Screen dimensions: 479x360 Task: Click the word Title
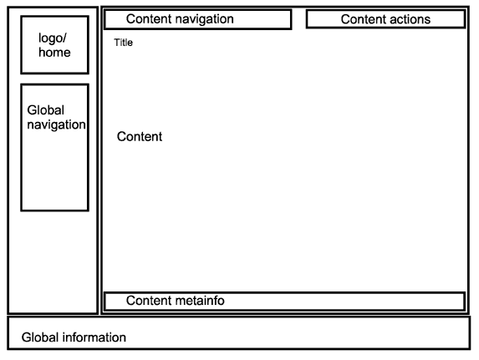(x=124, y=43)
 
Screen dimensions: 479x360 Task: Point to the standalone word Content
(x=140, y=136)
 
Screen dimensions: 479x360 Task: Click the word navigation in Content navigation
(x=205, y=19)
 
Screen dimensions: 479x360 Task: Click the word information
(x=94, y=337)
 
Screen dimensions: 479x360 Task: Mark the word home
(x=54, y=53)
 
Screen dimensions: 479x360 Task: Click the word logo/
(x=53, y=38)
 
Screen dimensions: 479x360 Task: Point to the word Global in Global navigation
(x=45, y=110)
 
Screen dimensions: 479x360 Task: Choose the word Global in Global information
(x=40, y=337)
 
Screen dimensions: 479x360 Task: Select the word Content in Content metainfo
(x=149, y=301)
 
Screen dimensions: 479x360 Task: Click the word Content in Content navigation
(x=149, y=19)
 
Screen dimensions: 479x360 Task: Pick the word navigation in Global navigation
(x=56, y=125)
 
